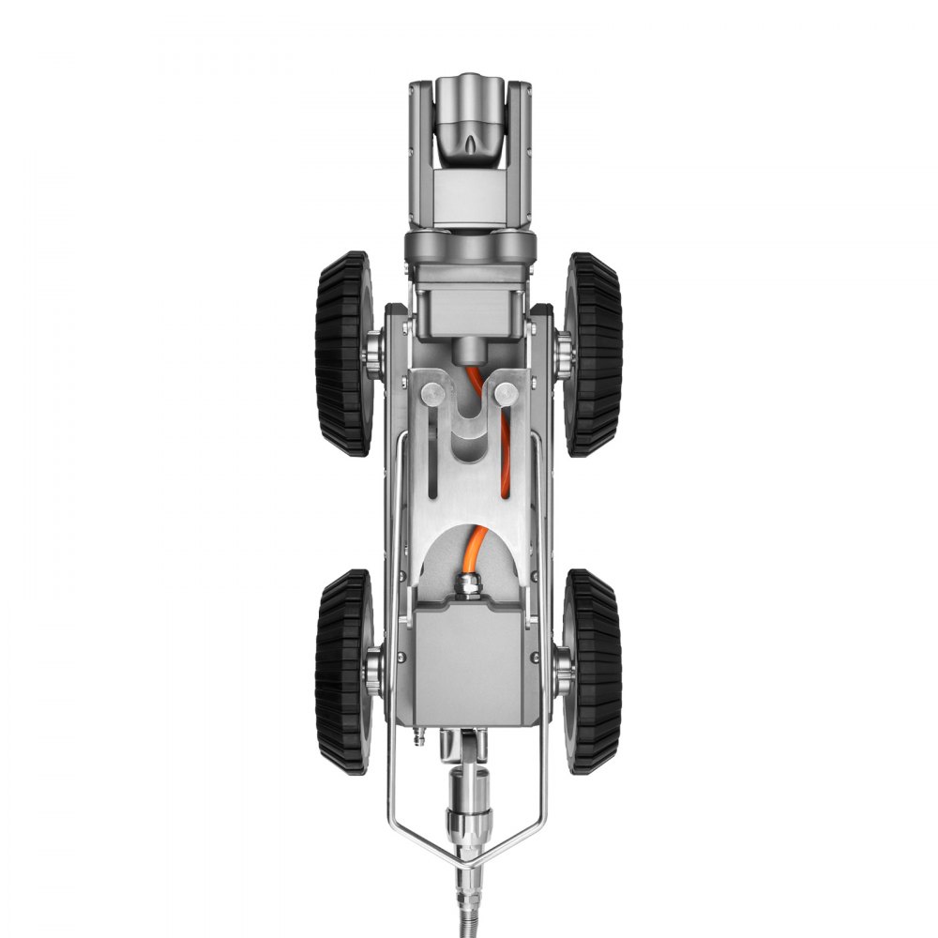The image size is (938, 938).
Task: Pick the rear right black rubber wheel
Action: [x=595, y=671]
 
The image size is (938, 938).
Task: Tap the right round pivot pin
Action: [x=506, y=392]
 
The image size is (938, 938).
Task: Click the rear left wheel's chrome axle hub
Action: [x=373, y=671]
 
